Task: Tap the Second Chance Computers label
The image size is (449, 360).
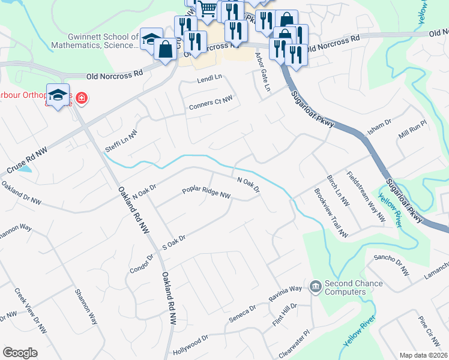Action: click(353, 287)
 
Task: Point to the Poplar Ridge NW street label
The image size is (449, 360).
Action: click(206, 194)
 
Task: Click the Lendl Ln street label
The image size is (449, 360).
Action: click(209, 78)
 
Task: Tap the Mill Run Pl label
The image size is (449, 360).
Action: click(412, 133)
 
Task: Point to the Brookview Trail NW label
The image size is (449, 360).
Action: click(331, 214)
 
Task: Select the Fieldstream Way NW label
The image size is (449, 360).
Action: click(366, 196)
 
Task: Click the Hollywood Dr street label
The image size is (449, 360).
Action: click(190, 340)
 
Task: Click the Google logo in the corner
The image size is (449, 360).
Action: click(20, 353)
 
